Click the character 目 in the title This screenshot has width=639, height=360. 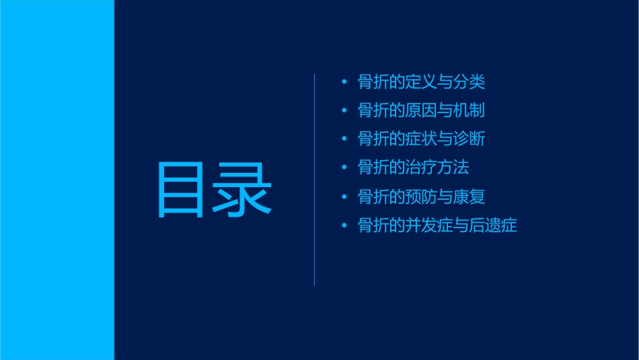[x=180, y=189]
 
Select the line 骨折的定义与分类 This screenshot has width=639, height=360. [x=421, y=82]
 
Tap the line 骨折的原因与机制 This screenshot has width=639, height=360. [x=421, y=111]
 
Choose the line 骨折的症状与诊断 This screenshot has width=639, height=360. [x=421, y=139]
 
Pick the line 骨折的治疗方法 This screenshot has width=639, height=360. [x=413, y=168]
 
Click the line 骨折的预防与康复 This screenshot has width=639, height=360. [x=421, y=196]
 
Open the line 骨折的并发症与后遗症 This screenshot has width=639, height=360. [x=437, y=225]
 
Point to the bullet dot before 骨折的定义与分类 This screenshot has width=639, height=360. [x=344, y=83]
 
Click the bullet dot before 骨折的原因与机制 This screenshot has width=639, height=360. [x=344, y=111]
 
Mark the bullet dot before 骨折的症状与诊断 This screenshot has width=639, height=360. [x=344, y=139]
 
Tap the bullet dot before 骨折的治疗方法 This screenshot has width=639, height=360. [x=344, y=168]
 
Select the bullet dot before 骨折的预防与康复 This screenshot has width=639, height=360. [x=344, y=197]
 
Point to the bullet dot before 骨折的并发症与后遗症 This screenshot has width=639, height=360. [x=344, y=225]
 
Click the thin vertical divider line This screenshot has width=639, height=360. [x=315, y=179]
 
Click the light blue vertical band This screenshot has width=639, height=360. [x=57, y=180]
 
